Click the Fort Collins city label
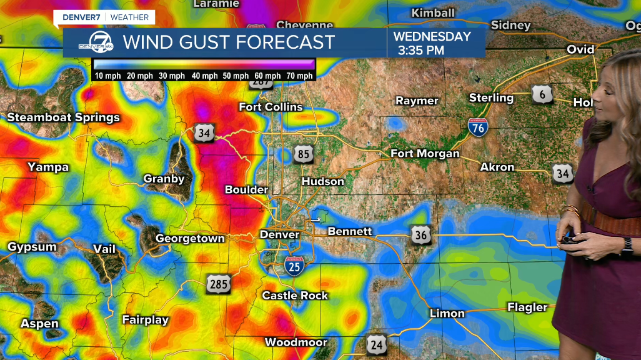pos(271,107)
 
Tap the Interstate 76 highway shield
pos(477,127)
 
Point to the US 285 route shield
pos(219,284)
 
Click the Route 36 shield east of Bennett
pos(421,235)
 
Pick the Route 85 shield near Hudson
pos(303,154)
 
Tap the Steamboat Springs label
pos(63,117)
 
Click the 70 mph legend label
pos(300,76)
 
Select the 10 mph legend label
pos(107,76)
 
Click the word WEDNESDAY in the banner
pos(432,36)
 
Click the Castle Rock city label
pos(295,295)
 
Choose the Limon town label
pos(447,313)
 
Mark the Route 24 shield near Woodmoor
pos(377,343)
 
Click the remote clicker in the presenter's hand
pos(569,239)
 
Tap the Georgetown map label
pos(190,239)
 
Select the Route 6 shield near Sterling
pos(542,94)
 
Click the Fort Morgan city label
pos(425,153)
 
